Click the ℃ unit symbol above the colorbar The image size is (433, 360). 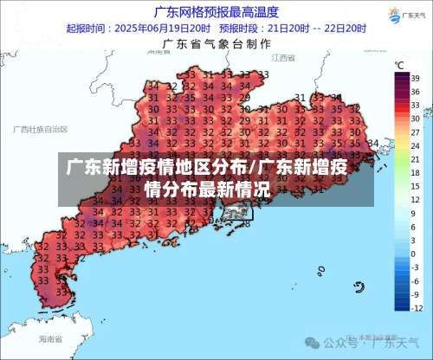tap(399, 65)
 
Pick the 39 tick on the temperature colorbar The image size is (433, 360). tap(415, 76)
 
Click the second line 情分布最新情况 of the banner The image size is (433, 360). tap(206, 188)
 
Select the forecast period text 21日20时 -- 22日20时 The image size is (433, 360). tap(320, 28)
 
